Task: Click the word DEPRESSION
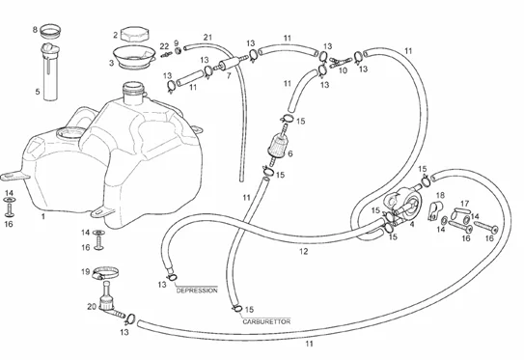coord(197,291)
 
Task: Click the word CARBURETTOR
coord(266,321)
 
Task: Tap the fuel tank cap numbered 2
coord(135,34)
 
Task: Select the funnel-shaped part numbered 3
coord(134,57)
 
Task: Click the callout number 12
coord(303,251)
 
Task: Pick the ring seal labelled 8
coord(50,31)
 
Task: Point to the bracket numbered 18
coord(435,210)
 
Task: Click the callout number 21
coord(207,37)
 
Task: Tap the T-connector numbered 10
coord(341,62)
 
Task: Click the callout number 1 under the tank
coord(43,216)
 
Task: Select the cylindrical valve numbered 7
coord(231,63)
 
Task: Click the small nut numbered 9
coord(179,51)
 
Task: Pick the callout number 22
coord(164,46)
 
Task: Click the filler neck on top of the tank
coord(134,92)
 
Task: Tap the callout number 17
coord(464,204)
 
